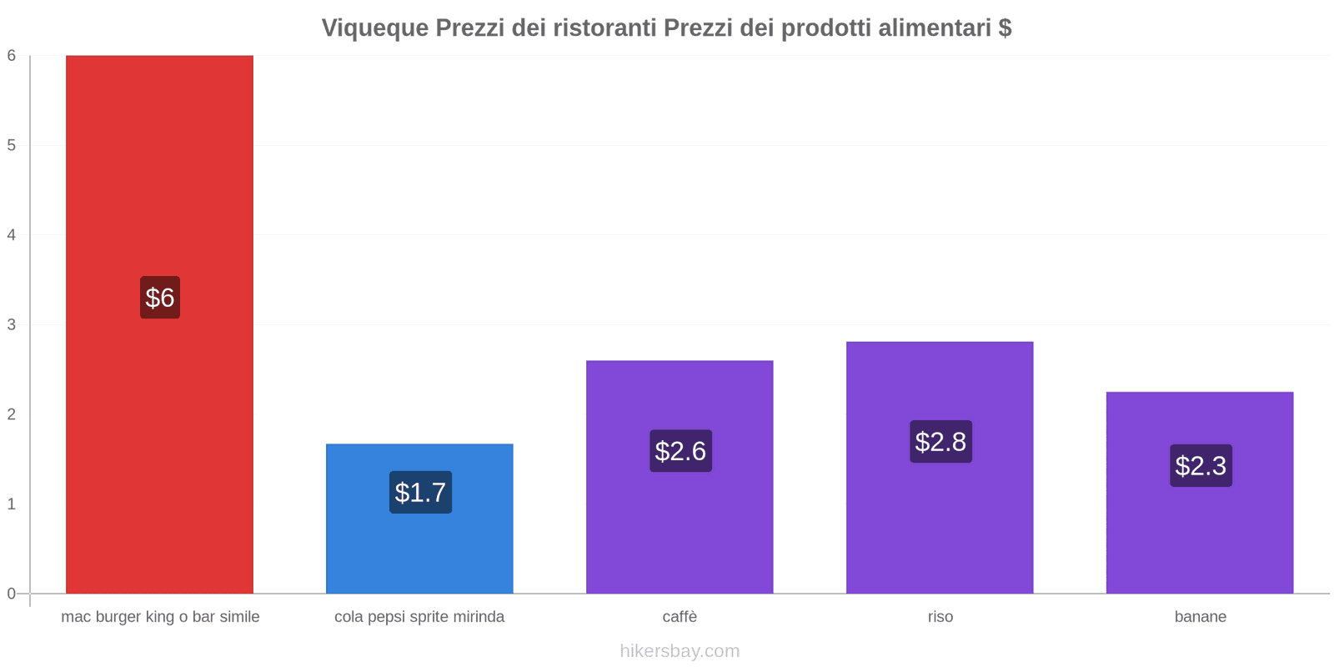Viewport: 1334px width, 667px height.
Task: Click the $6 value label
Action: tap(160, 298)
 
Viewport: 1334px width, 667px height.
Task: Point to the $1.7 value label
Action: tap(420, 493)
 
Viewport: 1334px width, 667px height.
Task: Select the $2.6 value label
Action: tap(680, 451)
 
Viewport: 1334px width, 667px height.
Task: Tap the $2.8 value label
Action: tap(940, 442)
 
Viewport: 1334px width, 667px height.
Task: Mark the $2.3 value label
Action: tap(1201, 466)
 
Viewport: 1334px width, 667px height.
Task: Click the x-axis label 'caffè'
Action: tap(680, 617)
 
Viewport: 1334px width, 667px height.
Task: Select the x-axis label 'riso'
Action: tap(940, 617)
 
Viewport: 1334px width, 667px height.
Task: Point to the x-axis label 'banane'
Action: tap(1200, 617)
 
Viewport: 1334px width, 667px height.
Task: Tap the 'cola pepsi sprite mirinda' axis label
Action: tap(419, 617)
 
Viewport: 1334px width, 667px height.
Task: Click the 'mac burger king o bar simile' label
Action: tap(160, 617)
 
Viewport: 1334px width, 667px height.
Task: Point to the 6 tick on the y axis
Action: tap(12, 56)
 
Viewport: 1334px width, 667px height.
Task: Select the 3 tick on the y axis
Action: tap(12, 324)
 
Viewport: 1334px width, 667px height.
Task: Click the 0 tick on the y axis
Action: tap(12, 594)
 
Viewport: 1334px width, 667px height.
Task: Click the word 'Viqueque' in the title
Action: tap(374, 28)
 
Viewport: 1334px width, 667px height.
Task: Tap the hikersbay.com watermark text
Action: tap(680, 651)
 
